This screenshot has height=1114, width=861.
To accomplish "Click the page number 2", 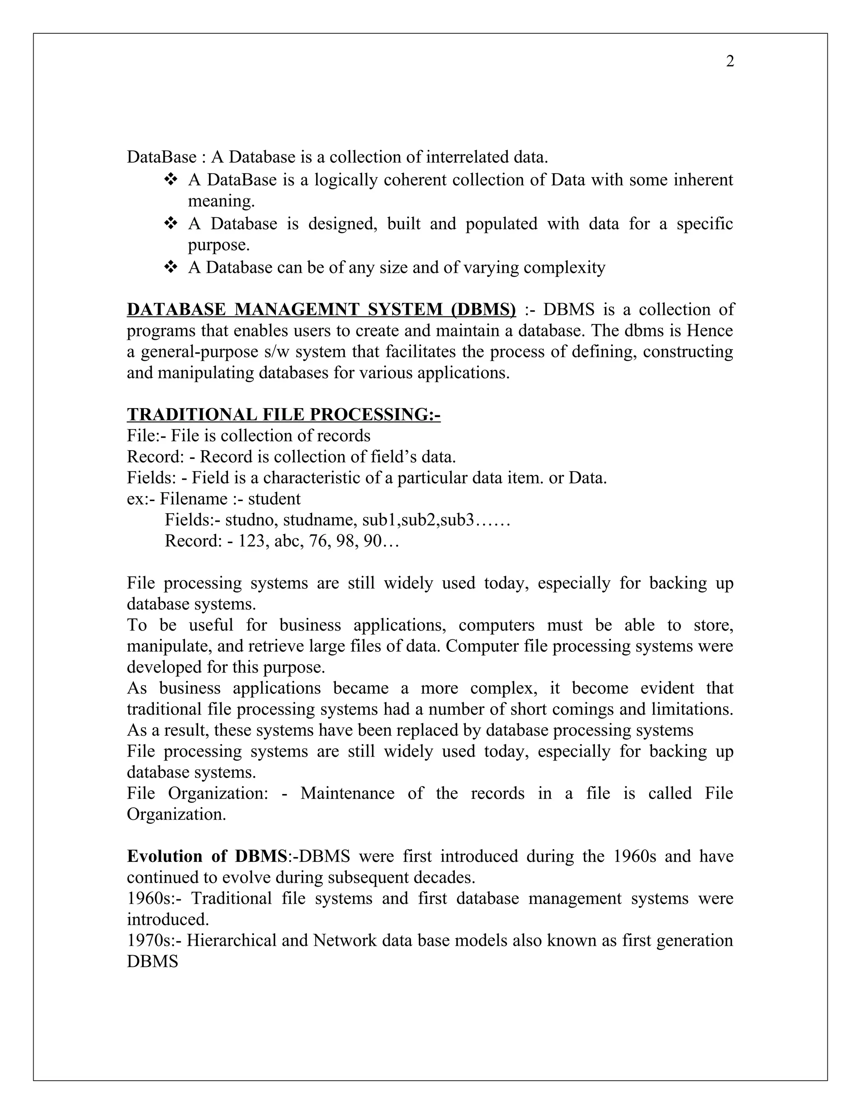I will coord(730,62).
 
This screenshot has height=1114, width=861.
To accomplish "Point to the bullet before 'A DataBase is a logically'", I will coord(170,180).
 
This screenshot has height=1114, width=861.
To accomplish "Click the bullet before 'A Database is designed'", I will coord(170,223).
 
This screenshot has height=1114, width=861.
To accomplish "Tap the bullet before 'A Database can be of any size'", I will coord(170,267).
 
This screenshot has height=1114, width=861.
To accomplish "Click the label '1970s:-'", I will coord(154,940).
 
